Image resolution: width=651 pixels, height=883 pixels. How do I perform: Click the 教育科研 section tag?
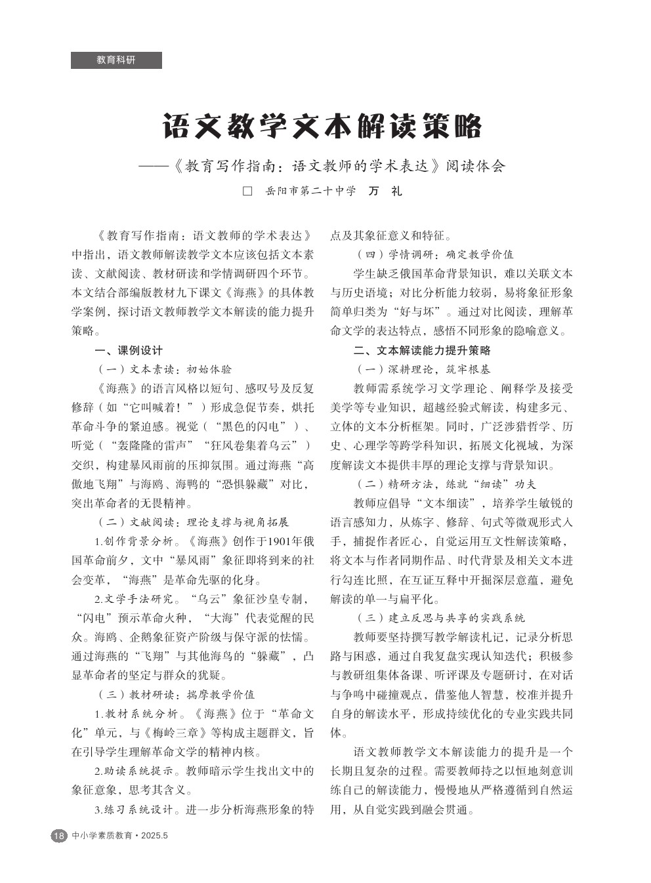click(x=116, y=60)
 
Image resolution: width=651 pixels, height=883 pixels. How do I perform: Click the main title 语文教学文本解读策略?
click(x=322, y=126)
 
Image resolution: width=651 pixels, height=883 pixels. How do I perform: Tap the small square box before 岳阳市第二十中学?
click(x=247, y=192)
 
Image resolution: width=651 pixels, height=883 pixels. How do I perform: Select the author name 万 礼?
click(x=385, y=192)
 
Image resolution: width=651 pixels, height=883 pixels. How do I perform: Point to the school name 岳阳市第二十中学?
click(x=310, y=192)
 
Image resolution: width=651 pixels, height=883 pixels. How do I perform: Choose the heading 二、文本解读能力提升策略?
click(x=422, y=350)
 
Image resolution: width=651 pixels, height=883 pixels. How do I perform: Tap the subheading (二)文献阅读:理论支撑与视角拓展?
click(x=192, y=522)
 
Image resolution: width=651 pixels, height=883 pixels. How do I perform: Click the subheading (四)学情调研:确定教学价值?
click(x=434, y=255)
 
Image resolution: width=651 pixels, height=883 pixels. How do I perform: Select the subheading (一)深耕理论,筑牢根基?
click(x=423, y=369)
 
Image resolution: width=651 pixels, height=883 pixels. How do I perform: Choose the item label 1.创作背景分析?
click(x=135, y=542)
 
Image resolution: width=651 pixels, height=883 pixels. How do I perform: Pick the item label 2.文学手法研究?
click(x=135, y=599)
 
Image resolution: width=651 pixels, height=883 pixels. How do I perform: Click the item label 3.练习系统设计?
click(x=135, y=810)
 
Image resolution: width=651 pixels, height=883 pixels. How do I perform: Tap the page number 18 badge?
click(x=58, y=836)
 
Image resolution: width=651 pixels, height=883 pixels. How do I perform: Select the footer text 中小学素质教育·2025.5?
click(x=121, y=836)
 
